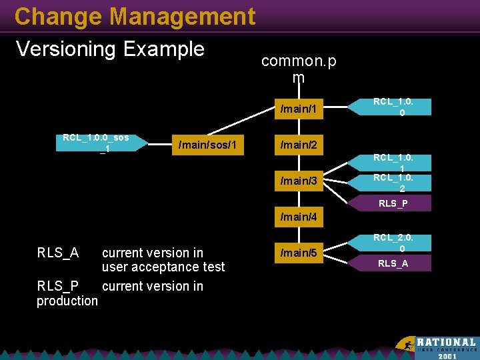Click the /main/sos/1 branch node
coord(208,145)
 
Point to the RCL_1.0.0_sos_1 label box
coord(95,143)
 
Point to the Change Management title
coord(135,16)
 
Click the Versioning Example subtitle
coord(110,49)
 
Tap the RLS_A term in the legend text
coord(57,253)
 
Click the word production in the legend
coord(67,301)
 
